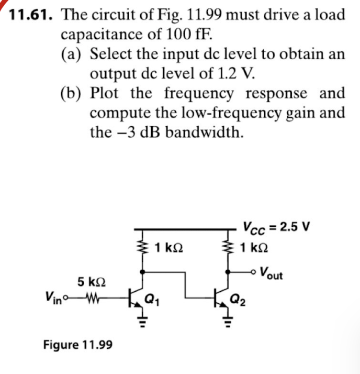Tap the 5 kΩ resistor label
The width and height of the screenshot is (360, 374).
pyautogui.click(x=92, y=282)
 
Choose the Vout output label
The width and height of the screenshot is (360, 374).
pyautogui.click(x=272, y=273)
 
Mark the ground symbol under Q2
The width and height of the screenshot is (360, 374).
pyautogui.click(x=228, y=320)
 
